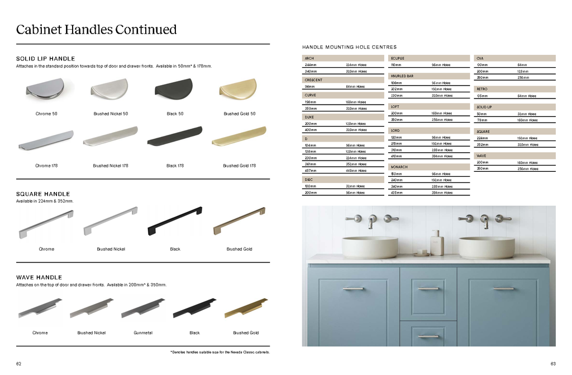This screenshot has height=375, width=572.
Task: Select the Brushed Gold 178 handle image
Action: click(x=239, y=138)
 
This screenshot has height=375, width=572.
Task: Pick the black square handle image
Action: click(x=175, y=221)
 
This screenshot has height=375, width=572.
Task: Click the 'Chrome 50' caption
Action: click(x=46, y=114)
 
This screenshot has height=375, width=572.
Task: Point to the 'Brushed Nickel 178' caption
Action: click(x=111, y=166)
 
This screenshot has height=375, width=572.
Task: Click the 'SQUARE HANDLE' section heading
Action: click(x=43, y=194)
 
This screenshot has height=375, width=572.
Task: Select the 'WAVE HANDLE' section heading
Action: click(x=39, y=278)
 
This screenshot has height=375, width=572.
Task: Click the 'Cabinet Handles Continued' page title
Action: click(x=96, y=30)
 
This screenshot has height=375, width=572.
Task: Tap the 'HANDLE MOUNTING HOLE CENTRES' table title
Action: click(x=349, y=48)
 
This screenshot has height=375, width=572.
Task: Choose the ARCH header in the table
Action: click(x=309, y=58)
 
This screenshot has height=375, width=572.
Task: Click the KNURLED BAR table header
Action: click(x=402, y=76)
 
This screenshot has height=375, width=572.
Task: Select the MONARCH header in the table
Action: click(x=399, y=167)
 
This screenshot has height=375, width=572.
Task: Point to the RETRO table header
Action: click(x=482, y=89)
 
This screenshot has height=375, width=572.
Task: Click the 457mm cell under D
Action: click(x=310, y=171)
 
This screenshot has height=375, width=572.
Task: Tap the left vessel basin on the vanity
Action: click(x=370, y=247)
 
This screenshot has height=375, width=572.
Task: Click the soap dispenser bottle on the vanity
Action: click(x=437, y=242)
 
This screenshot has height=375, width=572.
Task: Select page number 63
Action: click(x=552, y=364)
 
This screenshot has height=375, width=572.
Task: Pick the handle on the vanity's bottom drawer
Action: click(x=428, y=337)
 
